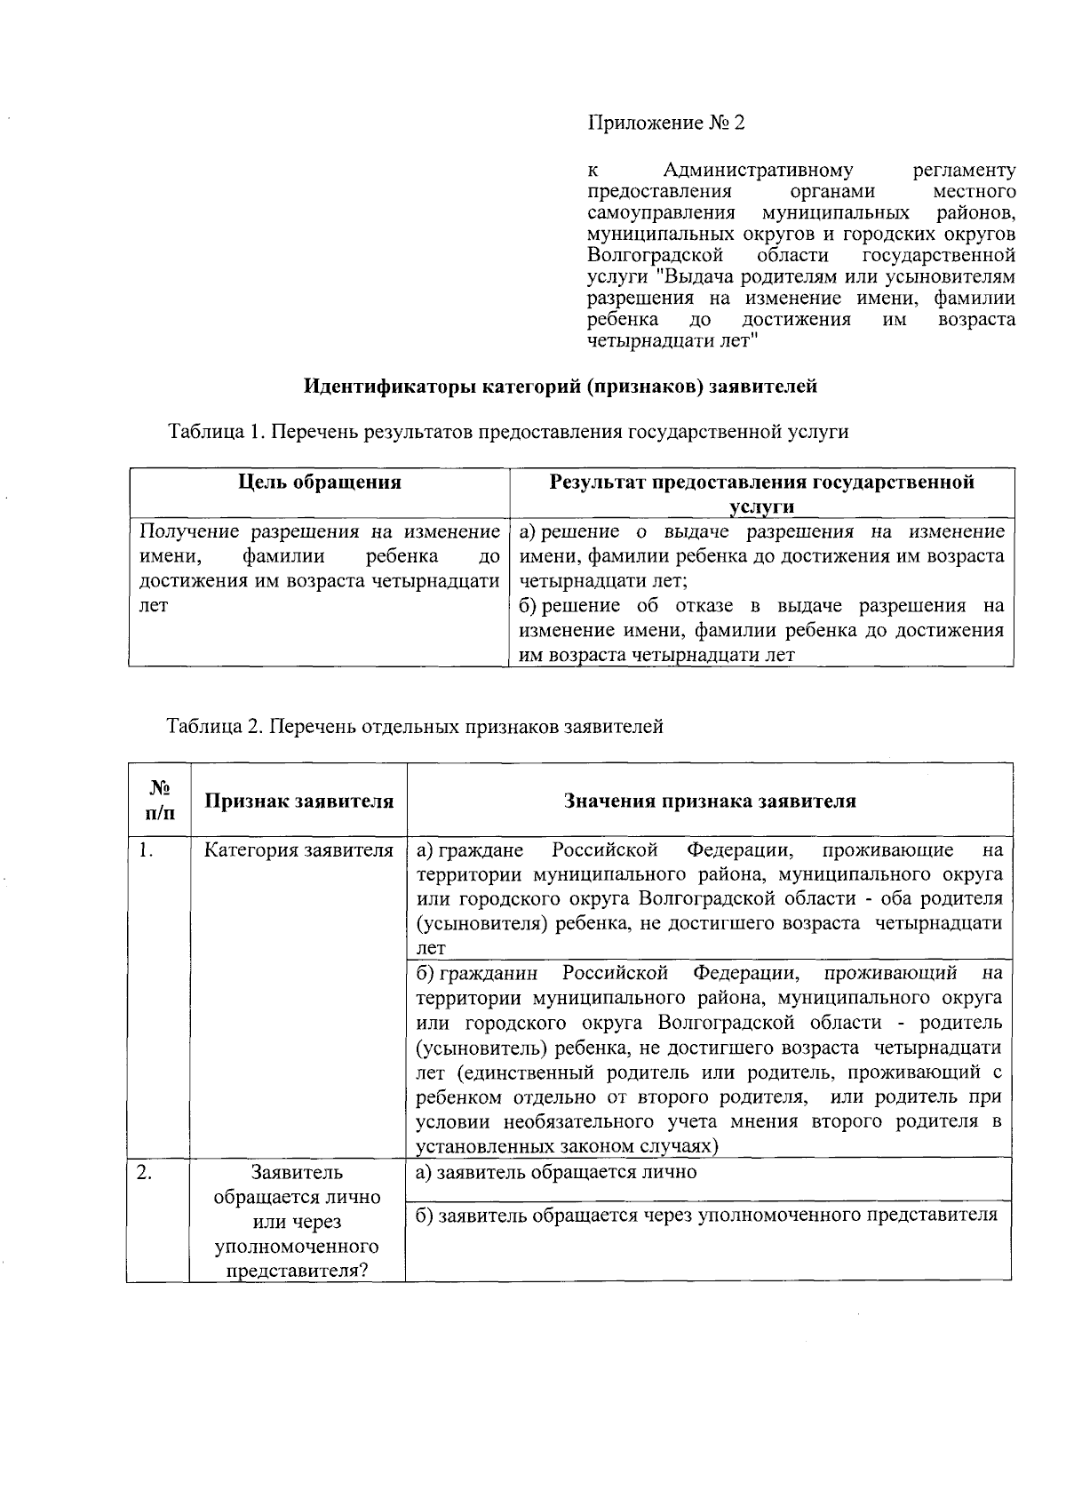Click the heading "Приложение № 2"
[666, 124]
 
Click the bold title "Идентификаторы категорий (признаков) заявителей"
[560, 387]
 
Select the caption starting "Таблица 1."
[508, 432]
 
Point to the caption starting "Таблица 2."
[415, 727]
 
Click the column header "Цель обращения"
[320, 482]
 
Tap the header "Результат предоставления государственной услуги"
[761, 493]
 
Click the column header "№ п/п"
[159, 801]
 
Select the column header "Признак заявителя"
[298, 801]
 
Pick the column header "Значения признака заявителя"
[710, 801]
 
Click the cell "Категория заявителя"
[298, 850]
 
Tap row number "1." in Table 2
[147, 850]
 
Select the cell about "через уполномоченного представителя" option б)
[707, 1215]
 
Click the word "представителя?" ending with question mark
[298, 1271]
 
